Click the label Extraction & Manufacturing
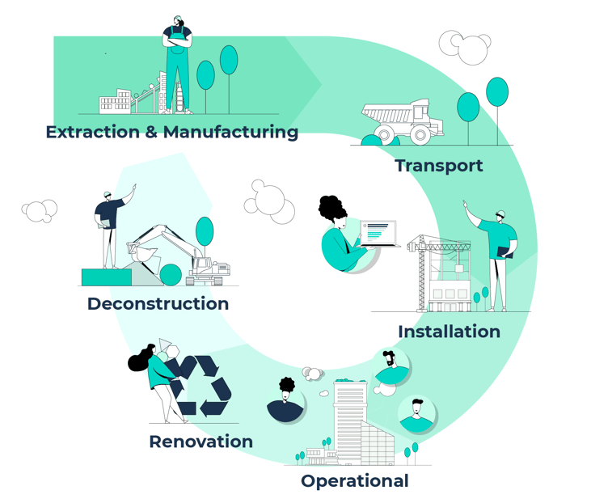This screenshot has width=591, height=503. (171, 132)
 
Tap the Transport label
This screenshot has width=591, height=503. (438, 166)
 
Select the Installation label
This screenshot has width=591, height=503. (449, 332)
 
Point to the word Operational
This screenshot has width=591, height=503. (354, 481)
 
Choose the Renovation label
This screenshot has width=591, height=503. (201, 442)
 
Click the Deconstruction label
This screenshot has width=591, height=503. (158, 304)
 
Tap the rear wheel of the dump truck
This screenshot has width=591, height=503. (421, 134)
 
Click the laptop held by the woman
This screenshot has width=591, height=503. (379, 234)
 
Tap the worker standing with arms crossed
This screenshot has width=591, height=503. (177, 61)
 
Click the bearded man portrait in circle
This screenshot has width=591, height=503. (390, 368)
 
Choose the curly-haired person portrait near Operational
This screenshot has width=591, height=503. (286, 399)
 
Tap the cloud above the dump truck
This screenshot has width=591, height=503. (465, 46)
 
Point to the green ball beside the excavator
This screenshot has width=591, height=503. (171, 275)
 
